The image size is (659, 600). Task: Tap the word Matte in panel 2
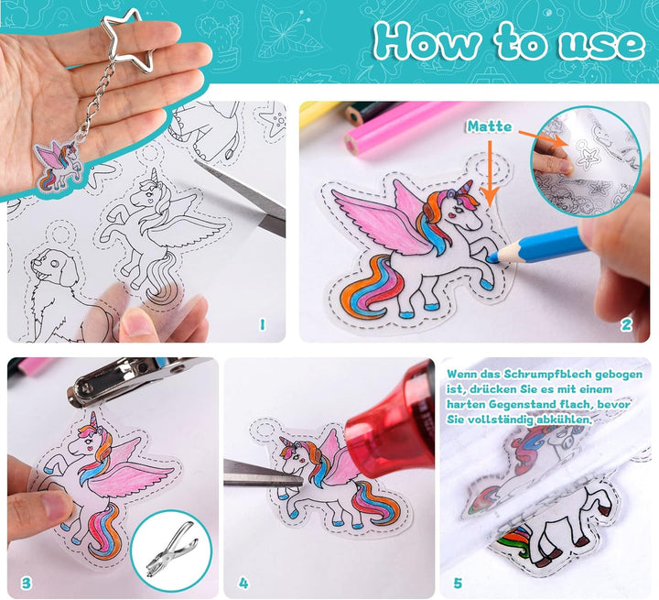[x=490, y=126]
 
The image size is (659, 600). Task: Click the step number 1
[x=263, y=324]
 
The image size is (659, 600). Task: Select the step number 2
[x=626, y=324]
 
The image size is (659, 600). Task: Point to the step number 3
[x=26, y=583]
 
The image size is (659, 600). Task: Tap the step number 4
[x=243, y=583]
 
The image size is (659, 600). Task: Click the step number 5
[x=458, y=583]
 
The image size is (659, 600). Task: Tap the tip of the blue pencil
[x=492, y=258]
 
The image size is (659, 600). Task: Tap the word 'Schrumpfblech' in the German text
[x=546, y=374]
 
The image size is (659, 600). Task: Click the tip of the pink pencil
[x=350, y=145]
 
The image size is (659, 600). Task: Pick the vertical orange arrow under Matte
[x=490, y=173]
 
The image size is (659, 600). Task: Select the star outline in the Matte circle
[x=587, y=157]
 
